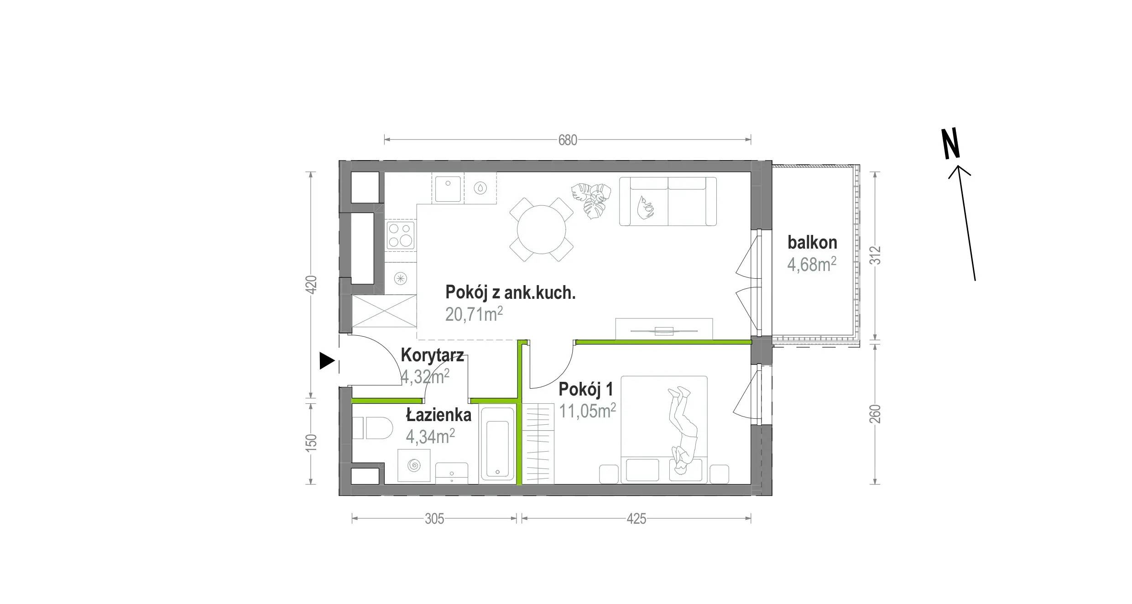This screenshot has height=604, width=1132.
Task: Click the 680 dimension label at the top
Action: (x=568, y=140)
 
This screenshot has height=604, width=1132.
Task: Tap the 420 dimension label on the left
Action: (x=311, y=285)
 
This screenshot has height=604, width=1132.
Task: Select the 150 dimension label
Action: (x=311, y=443)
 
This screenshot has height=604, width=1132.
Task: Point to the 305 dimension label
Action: (x=434, y=519)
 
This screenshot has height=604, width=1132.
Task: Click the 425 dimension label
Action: (x=636, y=519)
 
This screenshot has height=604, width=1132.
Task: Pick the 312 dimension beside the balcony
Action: (x=875, y=255)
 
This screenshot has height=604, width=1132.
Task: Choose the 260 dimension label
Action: (x=875, y=414)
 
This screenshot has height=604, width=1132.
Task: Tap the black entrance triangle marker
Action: (x=327, y=361)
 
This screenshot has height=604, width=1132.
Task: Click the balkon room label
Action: (x=812, y=243)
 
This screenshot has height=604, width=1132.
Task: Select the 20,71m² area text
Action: (x=474, y=314)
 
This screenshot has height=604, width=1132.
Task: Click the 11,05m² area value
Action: (x=588, y=411)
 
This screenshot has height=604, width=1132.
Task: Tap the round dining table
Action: (x=542, y=229)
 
